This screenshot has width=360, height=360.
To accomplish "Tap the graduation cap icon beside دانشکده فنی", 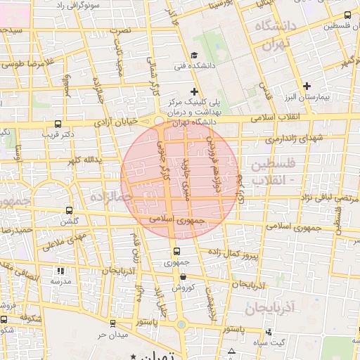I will [x=194, y=56].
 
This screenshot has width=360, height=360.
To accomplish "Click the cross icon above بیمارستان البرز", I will [x=307, y=86].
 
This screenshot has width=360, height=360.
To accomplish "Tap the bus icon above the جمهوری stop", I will [x=177, y=252].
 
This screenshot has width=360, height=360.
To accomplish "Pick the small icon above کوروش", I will [x=183, y=277].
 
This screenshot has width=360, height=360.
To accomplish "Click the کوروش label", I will [x=183, y=288].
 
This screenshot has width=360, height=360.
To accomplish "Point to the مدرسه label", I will [x=60, y=281].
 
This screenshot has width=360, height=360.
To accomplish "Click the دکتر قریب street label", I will [x=58, y=133].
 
